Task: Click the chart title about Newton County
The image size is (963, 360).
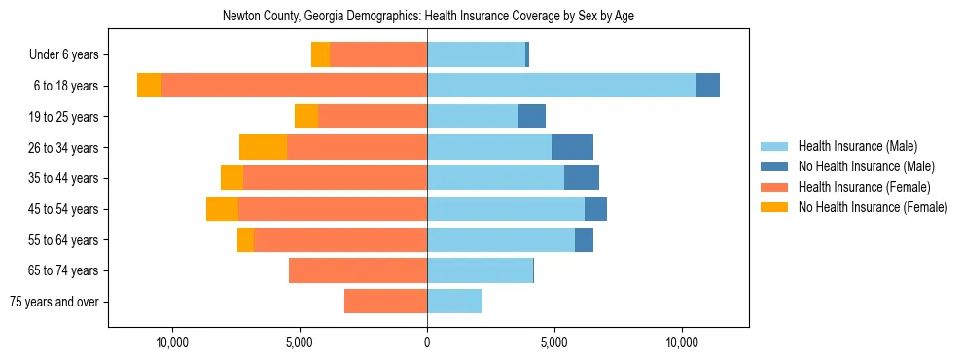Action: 428,17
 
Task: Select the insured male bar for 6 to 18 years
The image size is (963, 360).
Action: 561,86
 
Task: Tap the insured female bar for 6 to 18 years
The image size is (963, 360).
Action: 294,86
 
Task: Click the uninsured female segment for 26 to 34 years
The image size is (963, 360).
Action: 263,147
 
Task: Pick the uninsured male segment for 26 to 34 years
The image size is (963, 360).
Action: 572,147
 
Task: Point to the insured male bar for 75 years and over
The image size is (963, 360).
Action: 454,302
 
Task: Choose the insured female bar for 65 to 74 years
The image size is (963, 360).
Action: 358,270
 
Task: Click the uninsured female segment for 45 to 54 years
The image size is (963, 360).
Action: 222,209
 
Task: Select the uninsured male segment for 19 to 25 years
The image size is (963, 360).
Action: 532,117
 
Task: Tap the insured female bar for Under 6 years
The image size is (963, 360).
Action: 378,54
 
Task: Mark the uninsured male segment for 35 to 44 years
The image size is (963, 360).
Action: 582,178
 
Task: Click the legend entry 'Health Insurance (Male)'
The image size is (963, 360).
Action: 857,146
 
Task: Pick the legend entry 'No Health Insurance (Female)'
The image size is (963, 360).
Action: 873,207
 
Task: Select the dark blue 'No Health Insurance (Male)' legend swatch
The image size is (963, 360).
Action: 774,166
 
